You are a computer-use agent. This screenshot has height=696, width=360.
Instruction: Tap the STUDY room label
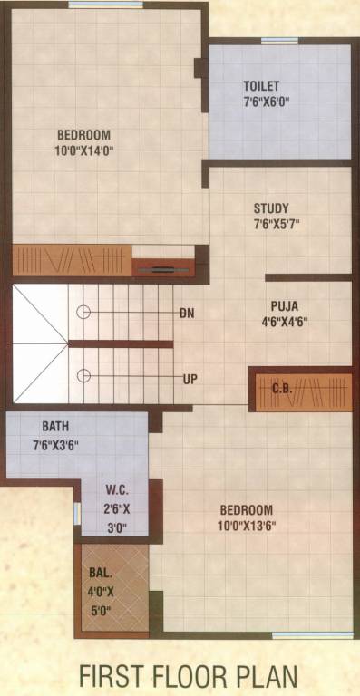[x=271, y=208]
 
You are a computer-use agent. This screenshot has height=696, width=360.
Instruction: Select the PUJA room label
[x=284, y=305]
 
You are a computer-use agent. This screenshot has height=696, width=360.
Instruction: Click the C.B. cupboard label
[x=282, y=389]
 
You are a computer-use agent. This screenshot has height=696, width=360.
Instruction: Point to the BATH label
[x=55, y=426]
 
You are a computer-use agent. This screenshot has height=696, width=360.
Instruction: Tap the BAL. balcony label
[x=100, y=573]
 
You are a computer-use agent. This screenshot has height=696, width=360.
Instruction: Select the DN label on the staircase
[x=187, y=313]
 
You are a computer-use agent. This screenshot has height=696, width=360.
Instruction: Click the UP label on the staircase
[x=190, y=378]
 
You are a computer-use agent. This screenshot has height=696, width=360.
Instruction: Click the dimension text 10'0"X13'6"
[x=247, y=525]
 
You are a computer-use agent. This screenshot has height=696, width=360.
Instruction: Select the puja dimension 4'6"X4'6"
[x=284, y=321]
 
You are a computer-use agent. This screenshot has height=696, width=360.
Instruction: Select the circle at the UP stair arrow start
[x=83, y=376]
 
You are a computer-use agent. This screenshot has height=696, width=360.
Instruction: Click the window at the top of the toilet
[x=279, y=41]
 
